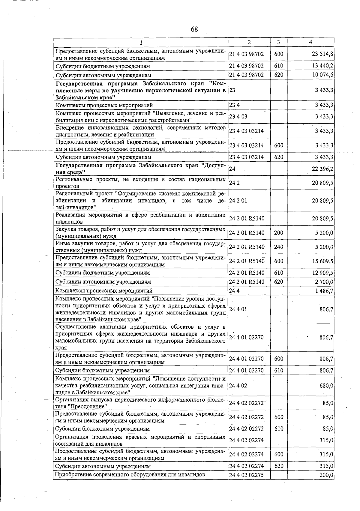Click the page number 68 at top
click(194, 29)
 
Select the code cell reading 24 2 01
click(238, 201)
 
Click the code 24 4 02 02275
click(246, 475)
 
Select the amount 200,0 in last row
click(327, 475)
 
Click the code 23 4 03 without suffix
click(238, 117)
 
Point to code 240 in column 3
click(278, 247)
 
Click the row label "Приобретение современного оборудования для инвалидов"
click(130, 475)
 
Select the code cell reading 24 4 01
click(238, 309)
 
